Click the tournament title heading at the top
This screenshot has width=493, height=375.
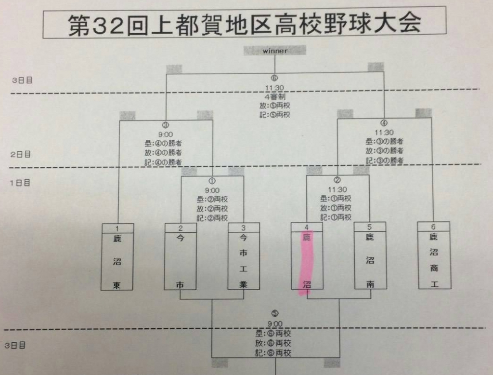click(x=244, y=23)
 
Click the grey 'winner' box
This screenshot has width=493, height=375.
click(x=275, y=51)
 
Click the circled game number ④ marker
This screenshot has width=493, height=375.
click(x=384, y=123)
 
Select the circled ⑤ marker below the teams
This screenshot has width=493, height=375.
click(x=275, y=314)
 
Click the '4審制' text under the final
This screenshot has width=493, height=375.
click(x=274, y=96)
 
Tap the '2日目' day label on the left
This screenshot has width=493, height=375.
click(x=21, y=154)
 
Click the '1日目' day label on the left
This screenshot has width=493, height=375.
click(x=21, y=182)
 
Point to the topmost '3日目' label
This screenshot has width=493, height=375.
click(x=22, y=80)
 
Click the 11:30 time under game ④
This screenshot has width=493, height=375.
click(x=384, y=132)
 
